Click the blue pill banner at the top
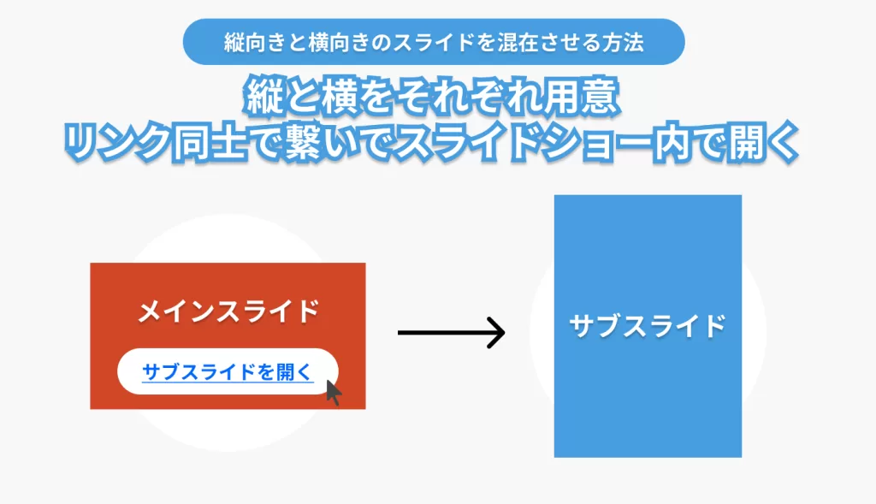pos(434,42)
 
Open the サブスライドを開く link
pos(228,372)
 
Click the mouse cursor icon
pos(333,393)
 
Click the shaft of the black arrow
pos(441,332)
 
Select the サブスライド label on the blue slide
pos(648,326)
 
